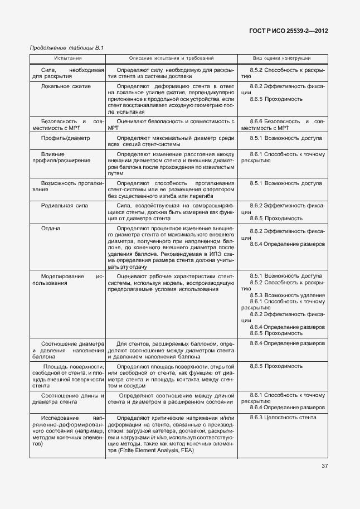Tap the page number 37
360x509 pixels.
pos(324,466)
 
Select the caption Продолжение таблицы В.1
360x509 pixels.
pos(67,48)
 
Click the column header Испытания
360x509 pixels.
pos(68,58)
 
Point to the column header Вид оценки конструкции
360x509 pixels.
pos(282,58)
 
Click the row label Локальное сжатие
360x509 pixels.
pos(65,87)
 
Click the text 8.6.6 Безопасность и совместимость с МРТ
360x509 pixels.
pos(283,124)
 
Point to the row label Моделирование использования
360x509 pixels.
pos(67,279)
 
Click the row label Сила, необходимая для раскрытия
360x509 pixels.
pos(67,74)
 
